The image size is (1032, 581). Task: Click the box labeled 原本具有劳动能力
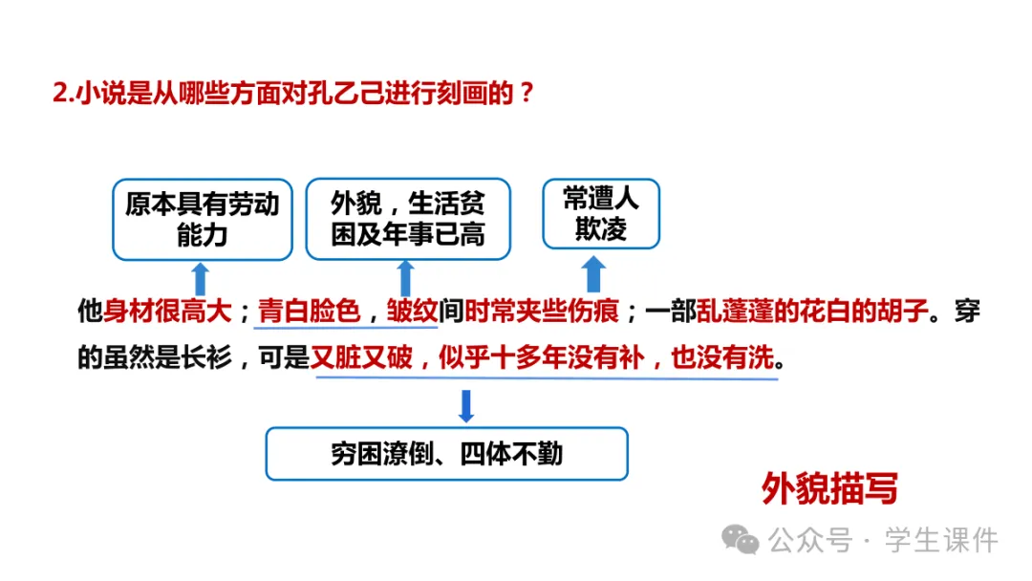point(202,220)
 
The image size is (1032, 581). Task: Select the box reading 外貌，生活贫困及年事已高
point(408,219)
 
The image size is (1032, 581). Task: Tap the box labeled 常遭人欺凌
point(601,214)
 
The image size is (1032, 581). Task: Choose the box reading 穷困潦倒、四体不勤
point(446,453)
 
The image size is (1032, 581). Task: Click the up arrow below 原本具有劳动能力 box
point(200,279)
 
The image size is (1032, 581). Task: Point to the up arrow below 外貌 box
point(405,278)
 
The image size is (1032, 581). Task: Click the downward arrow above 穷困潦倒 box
point(466,405)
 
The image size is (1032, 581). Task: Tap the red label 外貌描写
point(829,489)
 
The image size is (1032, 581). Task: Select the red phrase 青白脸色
point(308,312)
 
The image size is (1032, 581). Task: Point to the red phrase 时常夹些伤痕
point(542,312)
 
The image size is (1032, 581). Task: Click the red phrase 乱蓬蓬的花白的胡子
point(812,312)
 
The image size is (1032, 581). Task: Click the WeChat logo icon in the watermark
point(740,540)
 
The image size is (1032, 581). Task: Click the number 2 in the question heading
point(58,94)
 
